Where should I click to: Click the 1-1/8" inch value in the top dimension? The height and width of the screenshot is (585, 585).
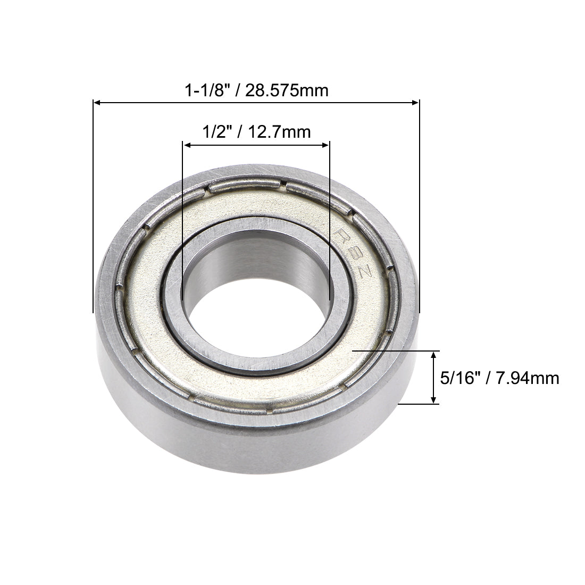pos(204,90)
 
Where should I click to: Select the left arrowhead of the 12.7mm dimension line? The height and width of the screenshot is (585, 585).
pos(186,144)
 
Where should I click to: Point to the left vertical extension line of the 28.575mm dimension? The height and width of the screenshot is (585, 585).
pos(94,213)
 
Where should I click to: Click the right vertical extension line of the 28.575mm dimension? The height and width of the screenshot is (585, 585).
pos(420,213)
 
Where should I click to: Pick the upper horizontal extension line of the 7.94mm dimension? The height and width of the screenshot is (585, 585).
pos(394,351)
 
